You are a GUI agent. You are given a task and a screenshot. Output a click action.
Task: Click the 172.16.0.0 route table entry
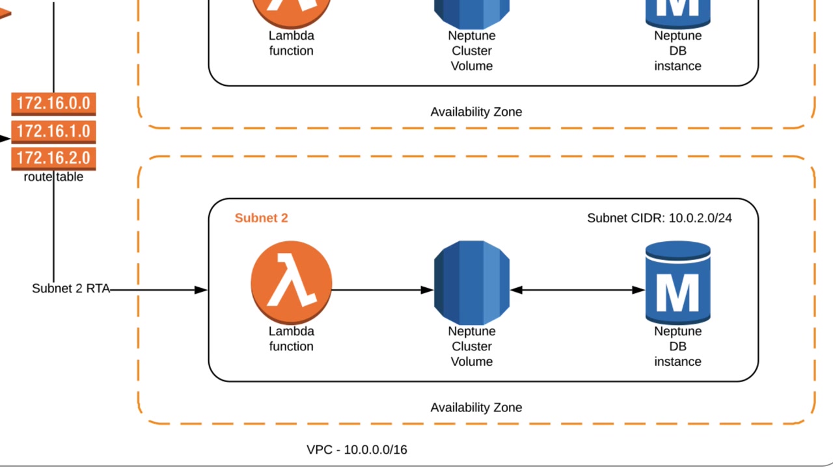coord(53,103)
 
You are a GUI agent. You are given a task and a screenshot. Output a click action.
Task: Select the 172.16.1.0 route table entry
coord(53,131)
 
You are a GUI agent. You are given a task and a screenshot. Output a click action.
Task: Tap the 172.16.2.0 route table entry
coord(53,158)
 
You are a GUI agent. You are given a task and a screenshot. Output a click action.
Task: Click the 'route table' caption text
coord(53,177)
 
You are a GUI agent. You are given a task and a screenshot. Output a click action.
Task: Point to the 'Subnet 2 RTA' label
coord(71,288)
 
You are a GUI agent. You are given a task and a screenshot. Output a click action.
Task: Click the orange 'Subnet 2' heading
coord(261,218)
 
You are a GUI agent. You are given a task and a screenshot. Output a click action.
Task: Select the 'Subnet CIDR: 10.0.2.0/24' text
coord(659,218)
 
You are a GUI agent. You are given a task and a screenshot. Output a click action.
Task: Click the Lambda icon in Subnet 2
coord(291,282)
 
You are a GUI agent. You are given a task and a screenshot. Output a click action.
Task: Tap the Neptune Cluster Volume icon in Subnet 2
coord(472,282)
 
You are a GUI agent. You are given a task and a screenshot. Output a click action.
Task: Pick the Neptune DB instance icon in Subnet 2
coord(677,282)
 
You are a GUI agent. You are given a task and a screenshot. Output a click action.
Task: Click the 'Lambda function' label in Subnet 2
coord(291,339)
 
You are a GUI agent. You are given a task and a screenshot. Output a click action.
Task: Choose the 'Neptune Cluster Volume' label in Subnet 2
coord(472,346)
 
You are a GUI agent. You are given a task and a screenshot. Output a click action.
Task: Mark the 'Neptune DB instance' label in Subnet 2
coord(677,346)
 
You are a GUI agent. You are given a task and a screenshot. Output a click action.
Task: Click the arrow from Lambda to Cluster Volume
coord(381,290)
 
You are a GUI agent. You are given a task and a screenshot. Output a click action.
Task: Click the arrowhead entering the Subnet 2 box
coord(201,290)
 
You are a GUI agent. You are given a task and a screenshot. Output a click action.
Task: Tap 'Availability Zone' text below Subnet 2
coord(476,408)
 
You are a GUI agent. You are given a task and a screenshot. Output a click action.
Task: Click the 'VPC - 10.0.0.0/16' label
coord(357,449)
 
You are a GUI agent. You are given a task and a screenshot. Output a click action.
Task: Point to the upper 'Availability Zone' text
coord(476,112)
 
